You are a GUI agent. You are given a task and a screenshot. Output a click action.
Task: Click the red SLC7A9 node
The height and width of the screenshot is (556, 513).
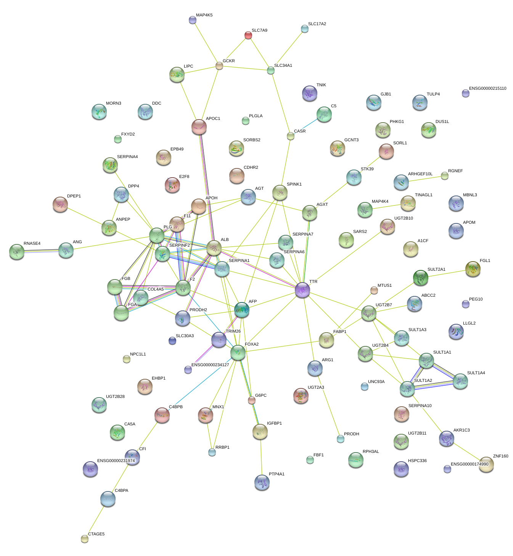pos(248,36)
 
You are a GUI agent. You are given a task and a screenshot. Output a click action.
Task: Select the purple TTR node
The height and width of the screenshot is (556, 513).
pos(302,290)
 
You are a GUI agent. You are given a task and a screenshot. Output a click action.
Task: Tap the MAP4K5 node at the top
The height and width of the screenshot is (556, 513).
pos(193,20)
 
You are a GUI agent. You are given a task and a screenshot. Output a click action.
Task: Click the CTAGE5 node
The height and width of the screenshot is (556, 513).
pos(85,538)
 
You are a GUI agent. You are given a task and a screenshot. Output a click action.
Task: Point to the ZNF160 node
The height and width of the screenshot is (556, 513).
pos(486,464)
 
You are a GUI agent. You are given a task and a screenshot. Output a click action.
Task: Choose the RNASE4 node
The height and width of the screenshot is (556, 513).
pos(16,251)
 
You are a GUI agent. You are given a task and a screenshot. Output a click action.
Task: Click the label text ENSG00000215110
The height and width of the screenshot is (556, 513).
pos(487,89)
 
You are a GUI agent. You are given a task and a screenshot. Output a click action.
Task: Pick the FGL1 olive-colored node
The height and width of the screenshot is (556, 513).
pos(473,269)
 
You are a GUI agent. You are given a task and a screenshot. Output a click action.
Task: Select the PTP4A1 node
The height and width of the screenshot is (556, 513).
pos(262,482)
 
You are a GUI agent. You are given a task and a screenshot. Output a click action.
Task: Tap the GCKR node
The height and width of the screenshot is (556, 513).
pos(219,66)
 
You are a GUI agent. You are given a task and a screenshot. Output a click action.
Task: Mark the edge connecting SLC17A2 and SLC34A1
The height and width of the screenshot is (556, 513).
pos(288,49)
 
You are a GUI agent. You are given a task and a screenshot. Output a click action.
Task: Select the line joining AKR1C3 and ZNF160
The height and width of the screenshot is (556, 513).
pos(466,451)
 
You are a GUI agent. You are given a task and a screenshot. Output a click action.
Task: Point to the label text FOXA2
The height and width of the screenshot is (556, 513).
pos(252,344)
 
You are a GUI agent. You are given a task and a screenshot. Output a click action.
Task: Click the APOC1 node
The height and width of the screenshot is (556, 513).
pos(199,126)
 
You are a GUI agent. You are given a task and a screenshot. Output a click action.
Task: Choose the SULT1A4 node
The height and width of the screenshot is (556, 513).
pos(460,381)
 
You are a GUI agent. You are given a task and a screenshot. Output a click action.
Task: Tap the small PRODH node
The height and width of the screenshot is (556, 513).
pos(341,439)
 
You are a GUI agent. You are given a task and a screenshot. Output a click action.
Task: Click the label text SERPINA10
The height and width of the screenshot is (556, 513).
pos(420,406)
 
